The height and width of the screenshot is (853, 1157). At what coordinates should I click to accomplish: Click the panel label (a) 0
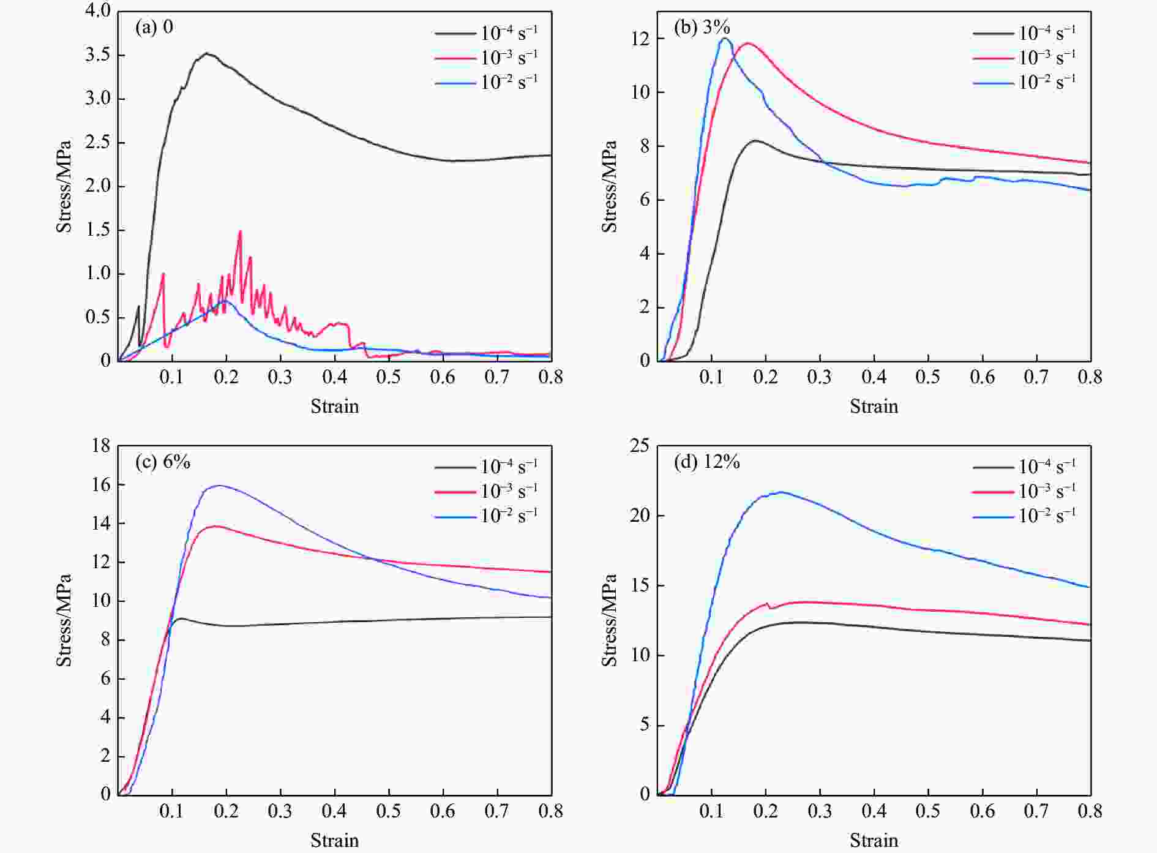pos(154,28)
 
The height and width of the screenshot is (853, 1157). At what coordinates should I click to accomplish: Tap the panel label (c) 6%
pos(162,462)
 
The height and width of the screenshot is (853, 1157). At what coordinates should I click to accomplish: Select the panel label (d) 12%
pos(706,462)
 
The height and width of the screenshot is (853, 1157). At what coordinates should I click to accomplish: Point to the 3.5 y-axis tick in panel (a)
pos(97,55)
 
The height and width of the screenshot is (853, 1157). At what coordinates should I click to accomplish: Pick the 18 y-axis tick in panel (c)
pos(101,446)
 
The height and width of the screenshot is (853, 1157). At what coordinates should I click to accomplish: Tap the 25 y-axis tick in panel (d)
pos(639,446)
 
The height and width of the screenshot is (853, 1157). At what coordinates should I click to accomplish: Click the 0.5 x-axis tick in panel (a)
pos(389,377)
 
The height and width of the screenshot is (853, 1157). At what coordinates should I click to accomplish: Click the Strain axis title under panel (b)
pos(874,407)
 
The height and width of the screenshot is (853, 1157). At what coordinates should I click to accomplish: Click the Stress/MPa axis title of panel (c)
pos(64,620)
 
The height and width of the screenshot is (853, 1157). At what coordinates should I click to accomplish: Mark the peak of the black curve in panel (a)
pos(207,53)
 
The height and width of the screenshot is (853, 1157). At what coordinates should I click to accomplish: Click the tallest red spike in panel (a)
pos(240,231)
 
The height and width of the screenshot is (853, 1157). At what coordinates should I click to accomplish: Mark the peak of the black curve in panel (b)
pos(756,140)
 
